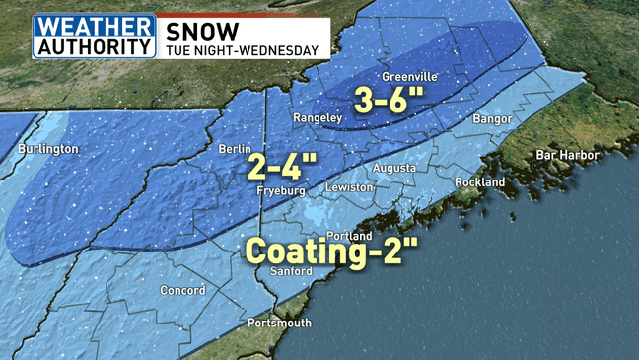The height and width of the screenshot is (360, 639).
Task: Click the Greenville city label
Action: click(408, 77)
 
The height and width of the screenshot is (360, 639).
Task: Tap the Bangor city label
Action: click(492, 119)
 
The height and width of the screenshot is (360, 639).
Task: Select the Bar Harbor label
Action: click(566, 155)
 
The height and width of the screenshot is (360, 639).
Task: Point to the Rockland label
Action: click(479, 182)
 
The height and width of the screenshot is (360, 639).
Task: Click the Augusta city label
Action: click(393, 168)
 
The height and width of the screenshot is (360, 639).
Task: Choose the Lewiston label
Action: click(350, 187)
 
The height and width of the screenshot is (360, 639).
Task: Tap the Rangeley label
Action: click(318, 119)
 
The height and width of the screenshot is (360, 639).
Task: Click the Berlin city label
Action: click(238, 150)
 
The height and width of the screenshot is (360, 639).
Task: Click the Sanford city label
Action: click(291, 271)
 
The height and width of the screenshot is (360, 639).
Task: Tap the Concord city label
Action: click(182, 291)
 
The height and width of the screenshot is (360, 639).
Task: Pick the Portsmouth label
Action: click(279, 324)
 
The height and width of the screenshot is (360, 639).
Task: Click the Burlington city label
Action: click(47, 149)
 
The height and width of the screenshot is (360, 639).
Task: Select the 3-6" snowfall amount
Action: click(390, 100)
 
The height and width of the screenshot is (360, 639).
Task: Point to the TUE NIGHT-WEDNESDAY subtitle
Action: click(242, 50)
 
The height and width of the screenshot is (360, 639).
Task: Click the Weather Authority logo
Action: click(94, 36)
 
